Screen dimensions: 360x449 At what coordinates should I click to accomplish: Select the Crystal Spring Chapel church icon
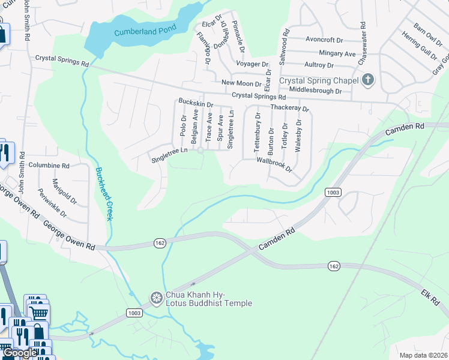point(368,80)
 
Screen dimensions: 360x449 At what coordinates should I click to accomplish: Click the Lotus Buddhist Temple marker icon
point(156,298)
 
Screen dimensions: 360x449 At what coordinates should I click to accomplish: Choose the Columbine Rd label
point(49,165)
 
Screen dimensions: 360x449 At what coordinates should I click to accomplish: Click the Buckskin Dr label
point(196,104)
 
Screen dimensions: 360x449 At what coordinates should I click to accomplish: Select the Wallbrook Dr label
point(274,164)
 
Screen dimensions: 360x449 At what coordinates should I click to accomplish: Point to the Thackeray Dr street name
point(289,109)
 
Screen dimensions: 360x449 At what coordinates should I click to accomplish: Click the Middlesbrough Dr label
point(315,91)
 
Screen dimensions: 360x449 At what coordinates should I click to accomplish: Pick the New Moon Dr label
point(241,83)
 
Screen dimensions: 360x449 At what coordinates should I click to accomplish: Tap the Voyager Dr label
point(252,64)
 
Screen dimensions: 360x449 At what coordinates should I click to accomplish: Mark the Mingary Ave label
point(337,53)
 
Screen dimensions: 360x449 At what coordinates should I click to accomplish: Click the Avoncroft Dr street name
point(324,40)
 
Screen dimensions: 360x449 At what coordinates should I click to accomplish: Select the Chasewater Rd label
point(362,44)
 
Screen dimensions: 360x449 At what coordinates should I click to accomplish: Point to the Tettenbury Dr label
point(258,134)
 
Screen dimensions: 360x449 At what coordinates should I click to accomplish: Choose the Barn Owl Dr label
point(428,34)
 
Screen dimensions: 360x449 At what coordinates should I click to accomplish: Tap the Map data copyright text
point(424,355)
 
